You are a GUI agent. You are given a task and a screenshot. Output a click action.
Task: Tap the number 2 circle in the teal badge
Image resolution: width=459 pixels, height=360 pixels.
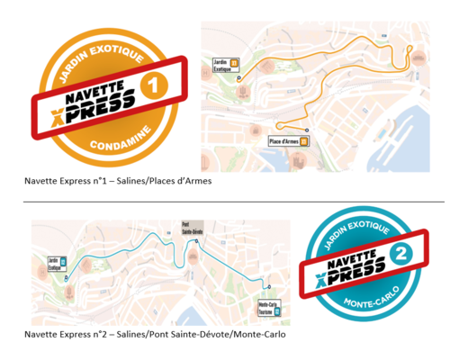[x=406, y=255]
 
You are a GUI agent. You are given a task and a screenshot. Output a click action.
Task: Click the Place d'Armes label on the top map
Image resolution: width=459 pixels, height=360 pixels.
[x=284, y=141]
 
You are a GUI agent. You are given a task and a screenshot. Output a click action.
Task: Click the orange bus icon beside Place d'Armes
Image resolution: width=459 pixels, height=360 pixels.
[x=304, y=141]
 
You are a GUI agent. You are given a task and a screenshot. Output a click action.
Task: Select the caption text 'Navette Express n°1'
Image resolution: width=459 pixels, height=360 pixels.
[x=61, y=181]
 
